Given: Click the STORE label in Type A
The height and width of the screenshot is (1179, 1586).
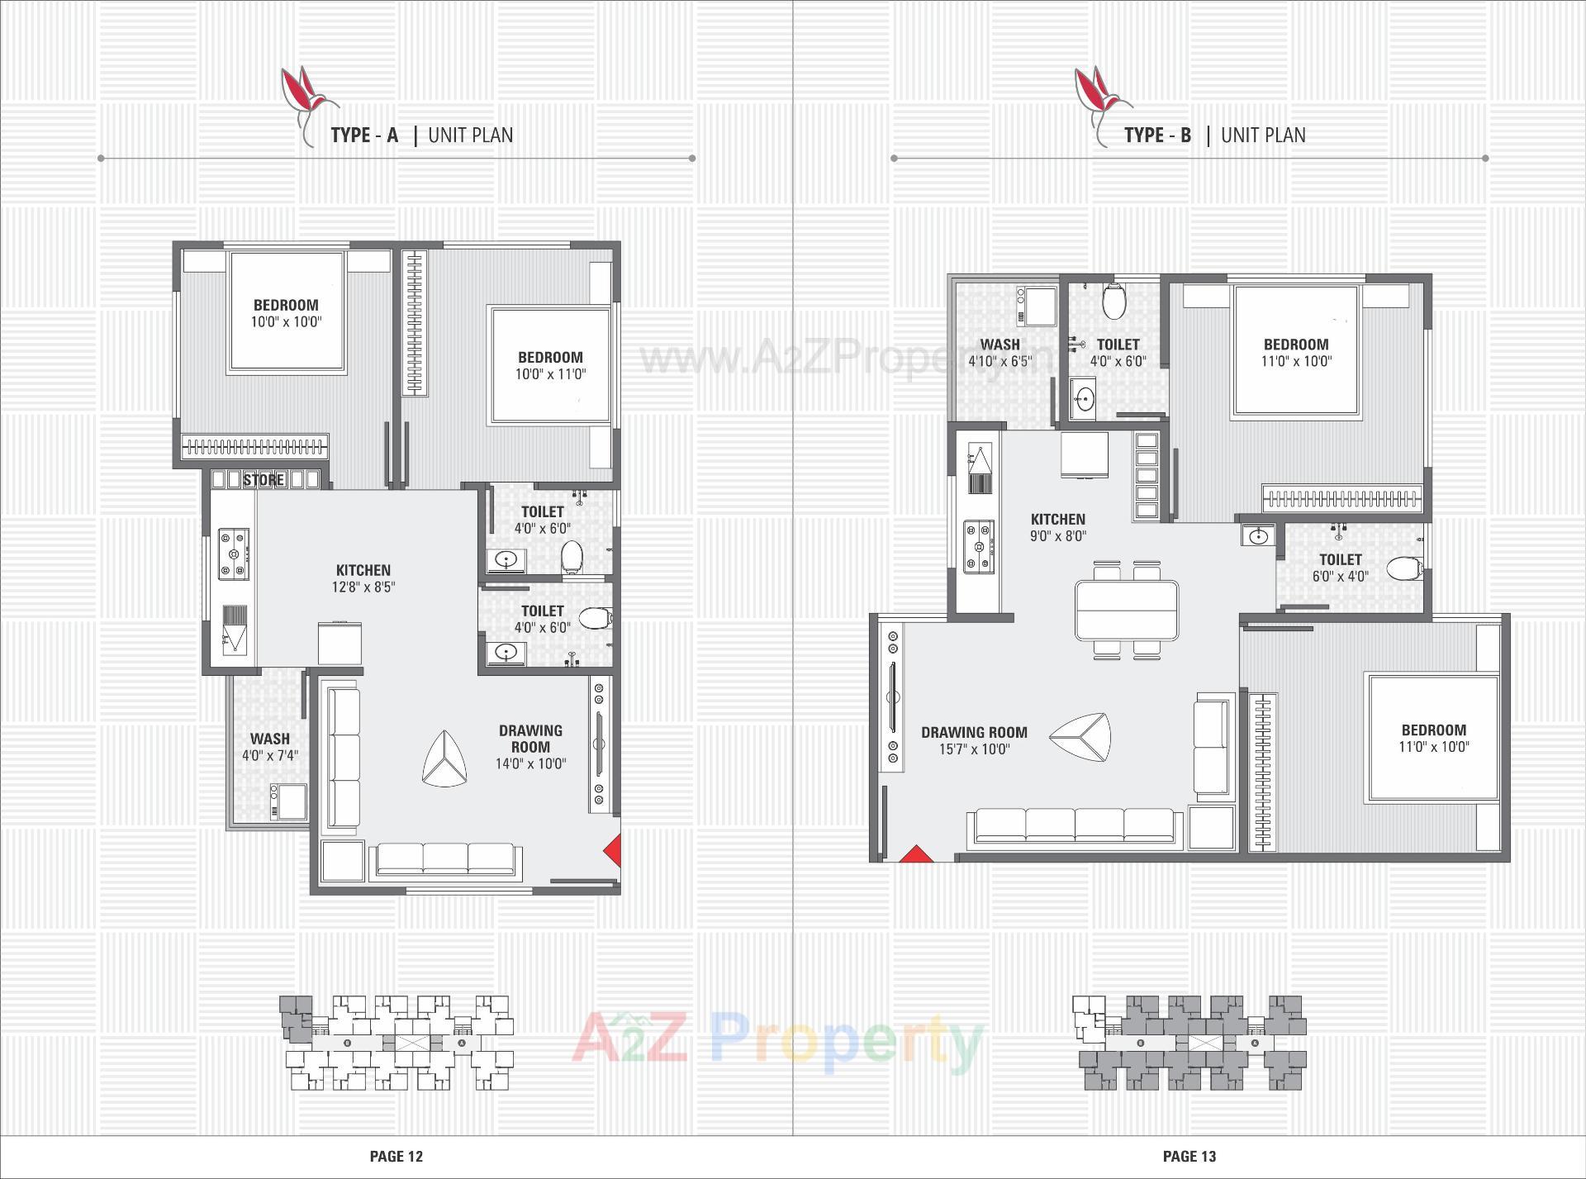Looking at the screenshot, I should click(264, 479).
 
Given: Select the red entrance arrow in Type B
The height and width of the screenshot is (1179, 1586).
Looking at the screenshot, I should click(914, 853).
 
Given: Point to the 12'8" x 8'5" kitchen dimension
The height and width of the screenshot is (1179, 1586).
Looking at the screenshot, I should click(363, 587).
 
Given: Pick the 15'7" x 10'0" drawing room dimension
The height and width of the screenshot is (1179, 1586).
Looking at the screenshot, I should click(974, 749).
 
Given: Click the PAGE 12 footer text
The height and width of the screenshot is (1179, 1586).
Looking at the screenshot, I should click(396, 1156).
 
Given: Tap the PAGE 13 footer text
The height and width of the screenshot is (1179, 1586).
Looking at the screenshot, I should click(1189, 1156).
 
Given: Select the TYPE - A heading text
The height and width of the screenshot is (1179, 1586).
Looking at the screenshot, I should click(364, 135).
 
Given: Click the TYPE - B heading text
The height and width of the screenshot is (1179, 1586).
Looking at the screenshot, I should click(1157, 135).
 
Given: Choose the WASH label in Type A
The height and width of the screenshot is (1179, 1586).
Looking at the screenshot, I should click(270, 739).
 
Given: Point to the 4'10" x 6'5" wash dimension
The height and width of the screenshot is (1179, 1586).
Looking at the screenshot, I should click(1000, 361).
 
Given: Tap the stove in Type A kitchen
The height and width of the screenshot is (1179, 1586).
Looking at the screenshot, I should click(234, 554).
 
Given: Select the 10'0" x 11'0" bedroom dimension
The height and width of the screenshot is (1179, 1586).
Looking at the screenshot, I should click(550, 373).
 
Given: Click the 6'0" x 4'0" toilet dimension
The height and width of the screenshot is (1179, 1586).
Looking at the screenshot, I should click(1340, 576).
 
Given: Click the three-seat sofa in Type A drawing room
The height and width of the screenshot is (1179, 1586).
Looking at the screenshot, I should click(445, 858).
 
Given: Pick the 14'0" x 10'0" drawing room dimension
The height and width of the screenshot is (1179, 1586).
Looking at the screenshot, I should click(530, 763).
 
